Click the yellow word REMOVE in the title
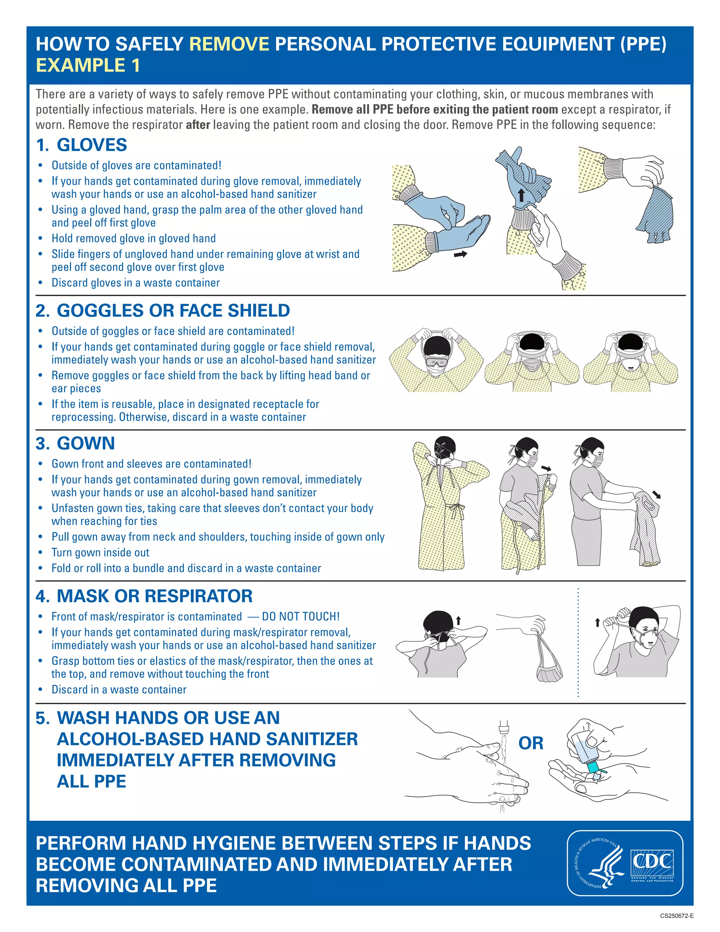click(229, 44)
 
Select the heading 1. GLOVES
click(82, 145)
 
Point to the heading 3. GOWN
click(76, 443)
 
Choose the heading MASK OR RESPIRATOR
click(154, 596)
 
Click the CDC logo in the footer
click(652, 864)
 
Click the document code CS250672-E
click(676, 915)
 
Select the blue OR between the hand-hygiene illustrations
click(531, 743)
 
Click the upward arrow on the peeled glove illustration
click(521, 195)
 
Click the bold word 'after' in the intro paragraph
click(198, 125)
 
